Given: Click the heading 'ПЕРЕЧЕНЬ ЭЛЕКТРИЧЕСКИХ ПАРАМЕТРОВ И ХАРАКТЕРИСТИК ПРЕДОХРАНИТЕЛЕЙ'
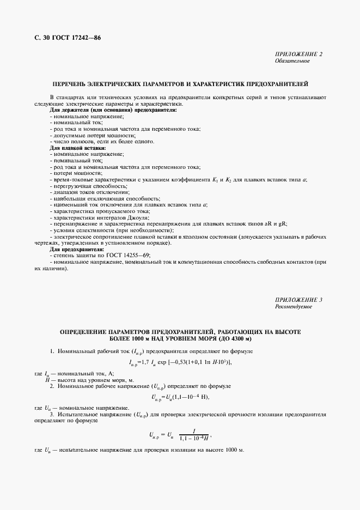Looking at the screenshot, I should [x=180, y=84].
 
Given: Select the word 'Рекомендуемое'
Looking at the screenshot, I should [x=294, y=307].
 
